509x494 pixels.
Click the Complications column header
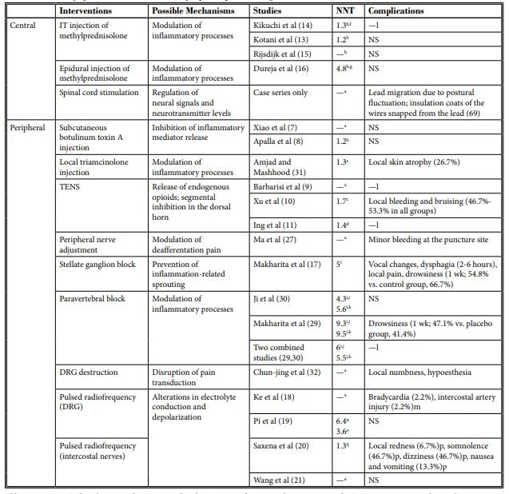pos(396,11)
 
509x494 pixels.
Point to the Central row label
pos(23,25)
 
